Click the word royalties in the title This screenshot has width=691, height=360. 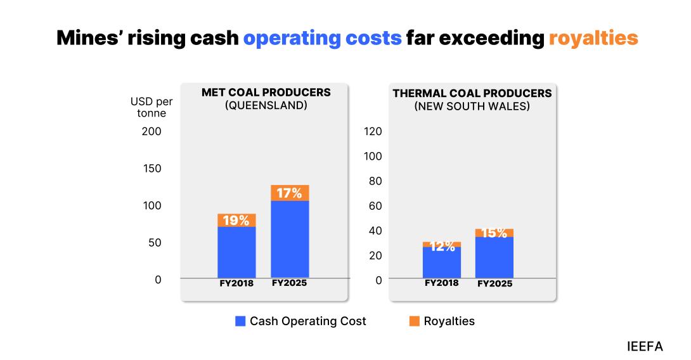[593, 38]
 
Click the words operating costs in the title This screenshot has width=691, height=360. [323, 38]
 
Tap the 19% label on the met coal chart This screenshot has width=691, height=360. [236, 221]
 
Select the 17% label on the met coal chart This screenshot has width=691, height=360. [290, 193]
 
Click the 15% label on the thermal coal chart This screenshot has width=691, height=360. [494, 233]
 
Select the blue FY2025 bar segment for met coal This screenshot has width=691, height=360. [290, 240]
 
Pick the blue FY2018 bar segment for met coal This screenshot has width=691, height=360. [236, 252]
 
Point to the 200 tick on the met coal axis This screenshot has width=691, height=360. [152, 131]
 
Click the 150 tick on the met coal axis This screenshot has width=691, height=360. [152, 169]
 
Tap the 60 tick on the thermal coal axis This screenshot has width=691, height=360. [375, 205]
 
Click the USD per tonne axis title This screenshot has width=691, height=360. [152, 107]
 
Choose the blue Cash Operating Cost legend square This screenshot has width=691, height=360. [240, 321]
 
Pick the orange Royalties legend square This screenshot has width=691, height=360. [414, 321]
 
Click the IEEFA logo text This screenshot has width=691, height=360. [645, 346]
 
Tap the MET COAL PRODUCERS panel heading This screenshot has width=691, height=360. [266, 93]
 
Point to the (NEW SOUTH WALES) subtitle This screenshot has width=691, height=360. [472, 106]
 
